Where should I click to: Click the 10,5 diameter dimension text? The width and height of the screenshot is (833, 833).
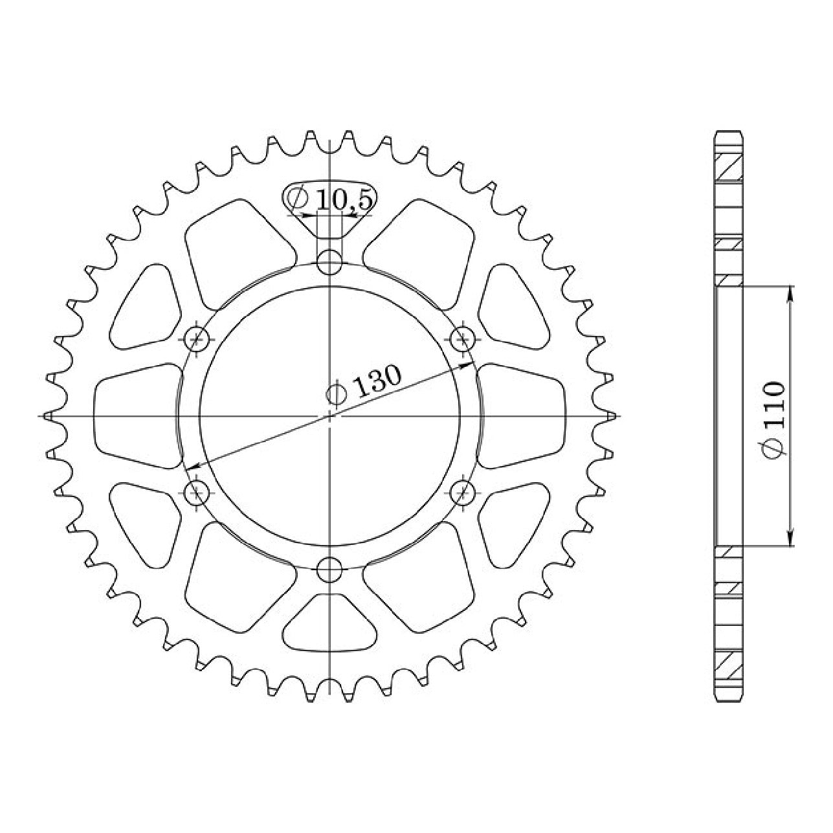pos(344,200)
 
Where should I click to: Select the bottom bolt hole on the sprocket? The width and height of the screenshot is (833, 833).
pos(329,570)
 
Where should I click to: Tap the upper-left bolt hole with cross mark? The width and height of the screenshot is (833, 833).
pos(197,339)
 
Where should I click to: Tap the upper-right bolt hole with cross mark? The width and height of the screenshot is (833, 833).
pos(463,339)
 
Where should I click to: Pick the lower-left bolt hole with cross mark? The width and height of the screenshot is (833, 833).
pos(197,492)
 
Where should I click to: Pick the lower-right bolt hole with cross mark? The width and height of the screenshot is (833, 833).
pos(463,492)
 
